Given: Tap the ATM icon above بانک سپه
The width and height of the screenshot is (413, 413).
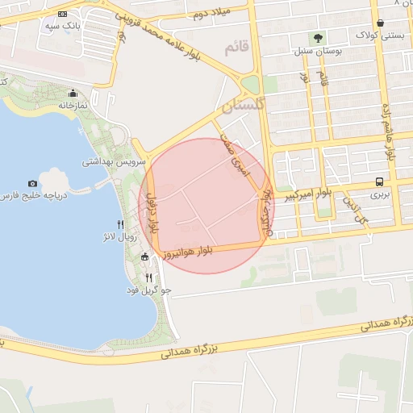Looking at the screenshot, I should [63, 15].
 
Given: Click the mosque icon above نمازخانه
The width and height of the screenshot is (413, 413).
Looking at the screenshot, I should [73, 93].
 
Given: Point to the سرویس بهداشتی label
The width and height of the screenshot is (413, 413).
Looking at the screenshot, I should [114, 161].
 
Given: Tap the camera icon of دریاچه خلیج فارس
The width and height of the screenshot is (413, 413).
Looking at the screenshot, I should [32, 184].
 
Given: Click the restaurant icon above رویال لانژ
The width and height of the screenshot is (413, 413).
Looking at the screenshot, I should [120, 224].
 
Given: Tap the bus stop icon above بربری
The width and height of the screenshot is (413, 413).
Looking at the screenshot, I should [379, 181].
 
